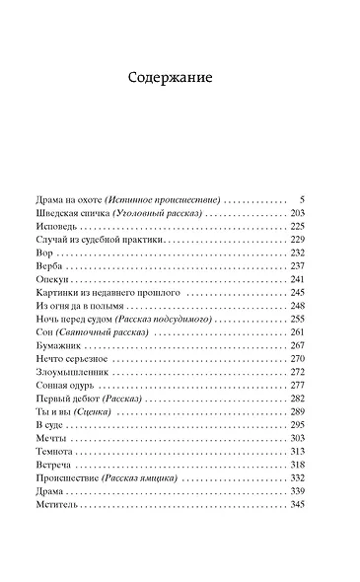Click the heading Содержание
coord(180,78)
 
